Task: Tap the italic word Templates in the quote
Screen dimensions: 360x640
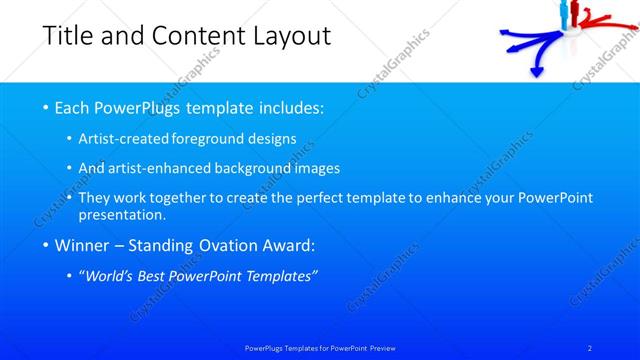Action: pos(281,276)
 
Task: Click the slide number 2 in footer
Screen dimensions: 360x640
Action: pos(590,348)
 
